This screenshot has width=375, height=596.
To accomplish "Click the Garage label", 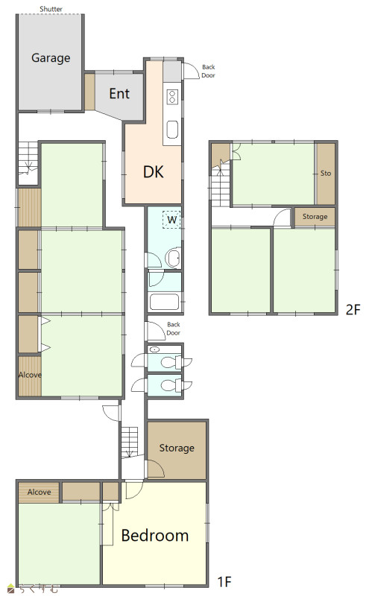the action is tap(51, 58).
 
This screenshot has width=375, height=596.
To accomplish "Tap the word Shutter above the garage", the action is tap(51, 9).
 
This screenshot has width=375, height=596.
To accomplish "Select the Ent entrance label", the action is tap(119, 94).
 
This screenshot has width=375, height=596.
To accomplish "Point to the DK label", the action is tap(154, 172).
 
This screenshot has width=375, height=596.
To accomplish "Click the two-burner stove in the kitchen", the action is tap(172, 97).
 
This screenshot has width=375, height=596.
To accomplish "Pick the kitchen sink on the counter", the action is tap(172, 130).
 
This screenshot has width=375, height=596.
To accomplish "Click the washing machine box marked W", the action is tap(171, 220).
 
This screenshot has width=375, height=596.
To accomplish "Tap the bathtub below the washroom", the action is tap(164, 302).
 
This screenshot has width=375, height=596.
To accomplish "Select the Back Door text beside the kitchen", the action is tap(209, 71).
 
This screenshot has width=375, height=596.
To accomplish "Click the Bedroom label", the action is tap(155, 536).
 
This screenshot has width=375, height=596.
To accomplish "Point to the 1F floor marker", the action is tap(224, 582).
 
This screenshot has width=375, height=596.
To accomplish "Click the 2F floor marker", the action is tap(353, 310).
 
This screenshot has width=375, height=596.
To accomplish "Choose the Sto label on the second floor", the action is tap(326, 174).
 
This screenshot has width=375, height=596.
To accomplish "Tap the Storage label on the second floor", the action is tap(315, 217).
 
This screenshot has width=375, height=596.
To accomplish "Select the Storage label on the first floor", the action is tap(177, 448).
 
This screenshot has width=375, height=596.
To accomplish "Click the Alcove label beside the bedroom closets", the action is tap(39, 492).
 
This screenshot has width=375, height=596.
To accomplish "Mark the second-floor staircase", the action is tap(221, 183).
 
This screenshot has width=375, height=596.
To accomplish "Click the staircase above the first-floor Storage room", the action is tap(130, 442).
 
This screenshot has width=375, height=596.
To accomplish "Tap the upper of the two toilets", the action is tap(171, 362).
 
